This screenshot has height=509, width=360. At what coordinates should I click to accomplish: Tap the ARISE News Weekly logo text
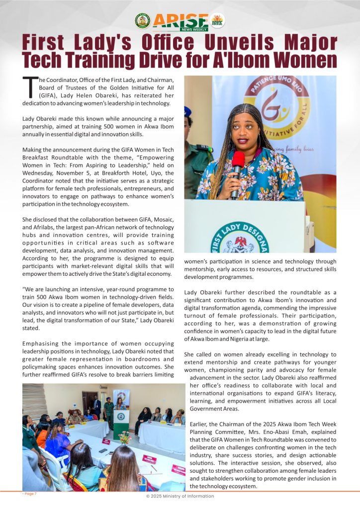pyautogui.click(x=180, y=21)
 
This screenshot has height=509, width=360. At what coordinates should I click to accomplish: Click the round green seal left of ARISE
pyautogui.click(x=142, y=21)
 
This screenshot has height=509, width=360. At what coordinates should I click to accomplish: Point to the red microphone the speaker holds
pyautogui.click(x=238, y=163)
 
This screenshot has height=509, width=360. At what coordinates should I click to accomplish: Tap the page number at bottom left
pyautogui.click(x=29, y=494)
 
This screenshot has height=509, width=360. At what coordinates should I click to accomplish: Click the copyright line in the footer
pyautogui.click(x=180, y=496)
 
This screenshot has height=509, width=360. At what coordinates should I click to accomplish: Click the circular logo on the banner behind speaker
pyautogui.click(x=276, y=108)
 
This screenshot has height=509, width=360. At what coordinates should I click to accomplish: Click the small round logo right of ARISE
pyautogui.click(x=217, y=20)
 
